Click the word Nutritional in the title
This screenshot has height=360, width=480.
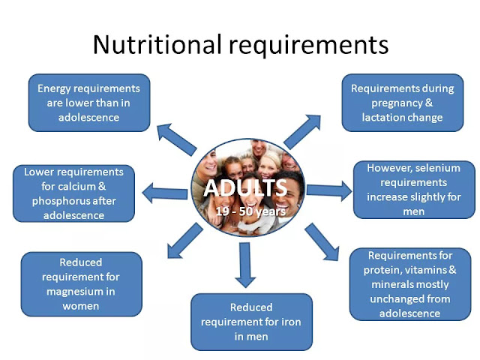click(x=156, y=45)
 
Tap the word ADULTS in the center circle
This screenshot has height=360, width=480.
click(x=239, y=187)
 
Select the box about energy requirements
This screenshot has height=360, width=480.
click(x=88, y=103)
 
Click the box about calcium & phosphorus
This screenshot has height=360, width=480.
click(x=68, y=193)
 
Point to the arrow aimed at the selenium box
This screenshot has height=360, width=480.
click(x=329, y=190)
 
